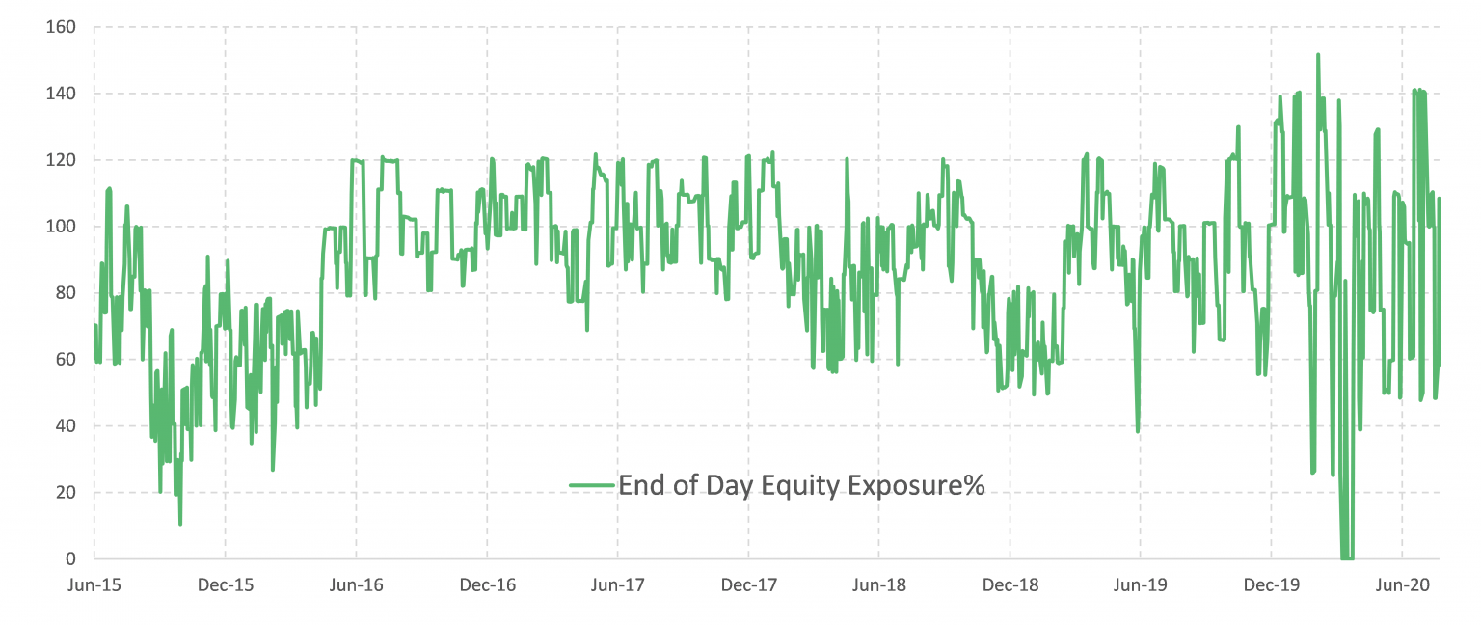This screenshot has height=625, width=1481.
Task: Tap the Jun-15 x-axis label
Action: coord(94,584)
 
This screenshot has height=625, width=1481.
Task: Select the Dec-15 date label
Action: coord(225,584)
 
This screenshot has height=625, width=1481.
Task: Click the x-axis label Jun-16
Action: coord(356,584)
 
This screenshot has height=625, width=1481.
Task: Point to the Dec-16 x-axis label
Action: coord(487,584)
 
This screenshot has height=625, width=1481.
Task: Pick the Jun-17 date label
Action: coord(617,584)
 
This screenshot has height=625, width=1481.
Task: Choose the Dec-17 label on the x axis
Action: coord(748,584)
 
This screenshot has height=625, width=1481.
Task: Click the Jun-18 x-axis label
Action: coord(878,584)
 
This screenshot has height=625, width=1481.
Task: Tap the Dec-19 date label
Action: coord(1271,584)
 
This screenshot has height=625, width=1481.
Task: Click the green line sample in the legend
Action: coord(591,485)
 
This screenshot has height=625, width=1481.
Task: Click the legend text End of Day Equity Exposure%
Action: coord(801,485)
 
